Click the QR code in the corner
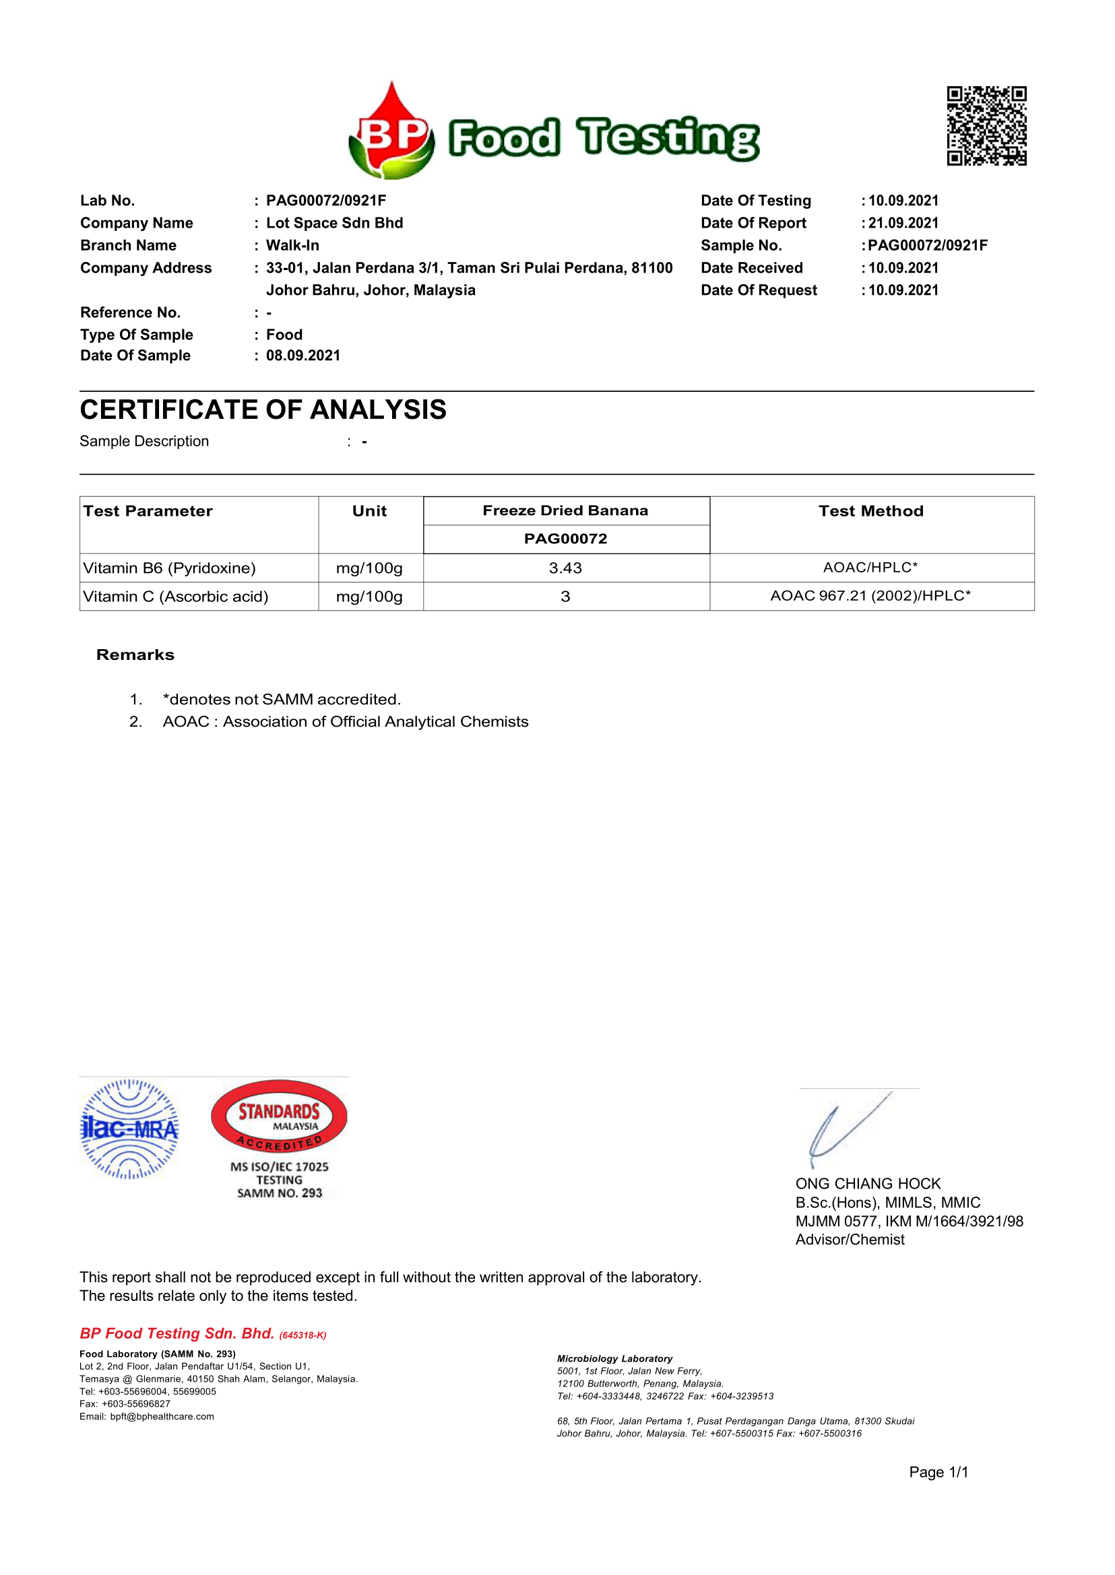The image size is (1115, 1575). pos(986,126)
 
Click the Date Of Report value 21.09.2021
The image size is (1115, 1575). pos(903,223)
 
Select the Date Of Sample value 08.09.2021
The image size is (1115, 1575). pos(302,356)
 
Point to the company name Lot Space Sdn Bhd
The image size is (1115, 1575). pos(334,223)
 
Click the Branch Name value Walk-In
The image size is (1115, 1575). pos(292,246)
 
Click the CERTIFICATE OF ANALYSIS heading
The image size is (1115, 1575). pos(263,409)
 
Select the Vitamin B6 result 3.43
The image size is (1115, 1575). pos(565,568)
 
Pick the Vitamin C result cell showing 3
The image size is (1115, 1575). pos(565,597)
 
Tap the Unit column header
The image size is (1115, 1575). pos(369,511)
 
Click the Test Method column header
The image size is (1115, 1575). pos(870,511)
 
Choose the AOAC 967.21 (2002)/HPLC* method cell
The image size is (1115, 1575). pos(870,596)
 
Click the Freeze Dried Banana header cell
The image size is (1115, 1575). pos(565,510)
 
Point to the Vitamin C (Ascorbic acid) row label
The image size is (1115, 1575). pos(176,597)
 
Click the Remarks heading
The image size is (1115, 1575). pos(135,655)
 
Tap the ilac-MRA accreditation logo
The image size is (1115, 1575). pos(130,1129)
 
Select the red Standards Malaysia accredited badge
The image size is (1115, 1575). pos(279,1117)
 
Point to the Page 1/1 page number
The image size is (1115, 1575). pos(938,1472)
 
